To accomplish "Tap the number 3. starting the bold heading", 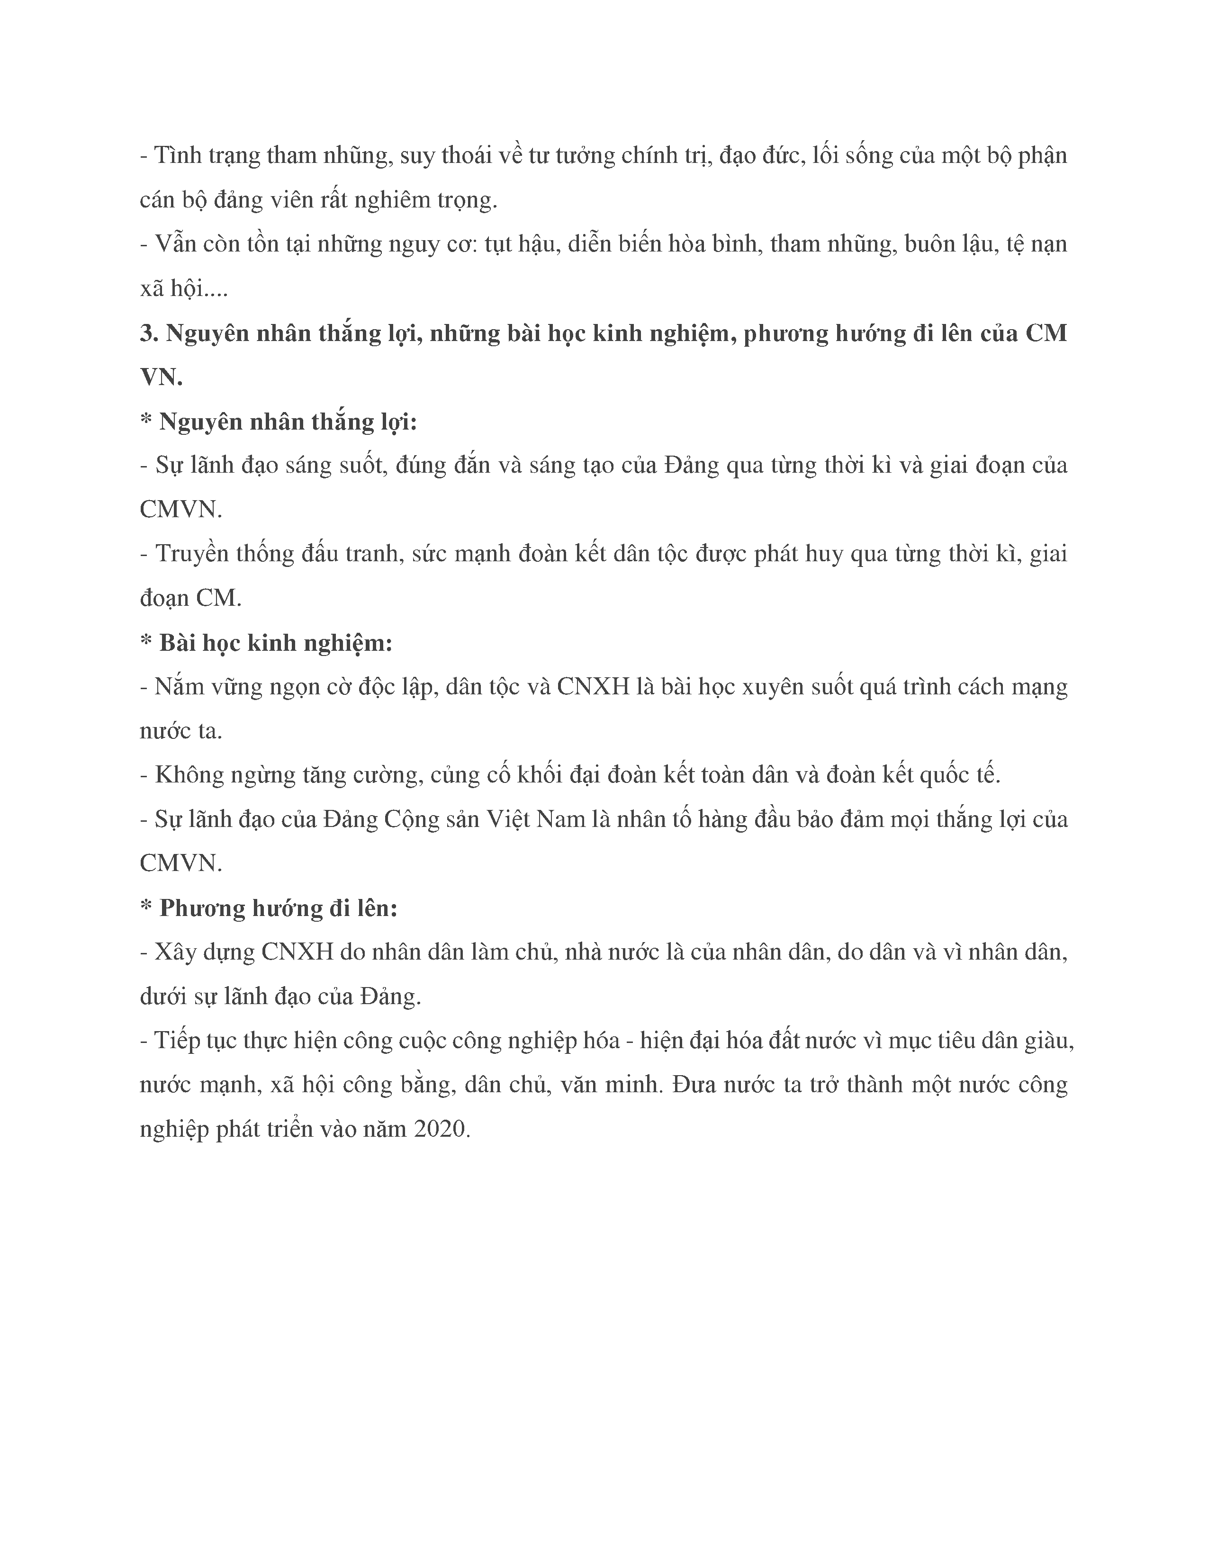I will (x=149, y=333).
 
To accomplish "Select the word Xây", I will (x=175, y=952).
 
